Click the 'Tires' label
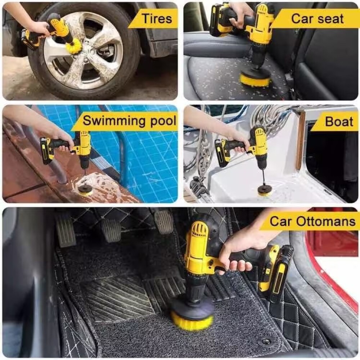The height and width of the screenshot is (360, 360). tap(157, 18)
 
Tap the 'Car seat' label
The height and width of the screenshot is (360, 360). tap(318, 19)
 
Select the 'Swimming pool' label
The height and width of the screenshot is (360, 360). tap(130, 121)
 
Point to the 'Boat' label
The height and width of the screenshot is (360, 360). tap(339, 121)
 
